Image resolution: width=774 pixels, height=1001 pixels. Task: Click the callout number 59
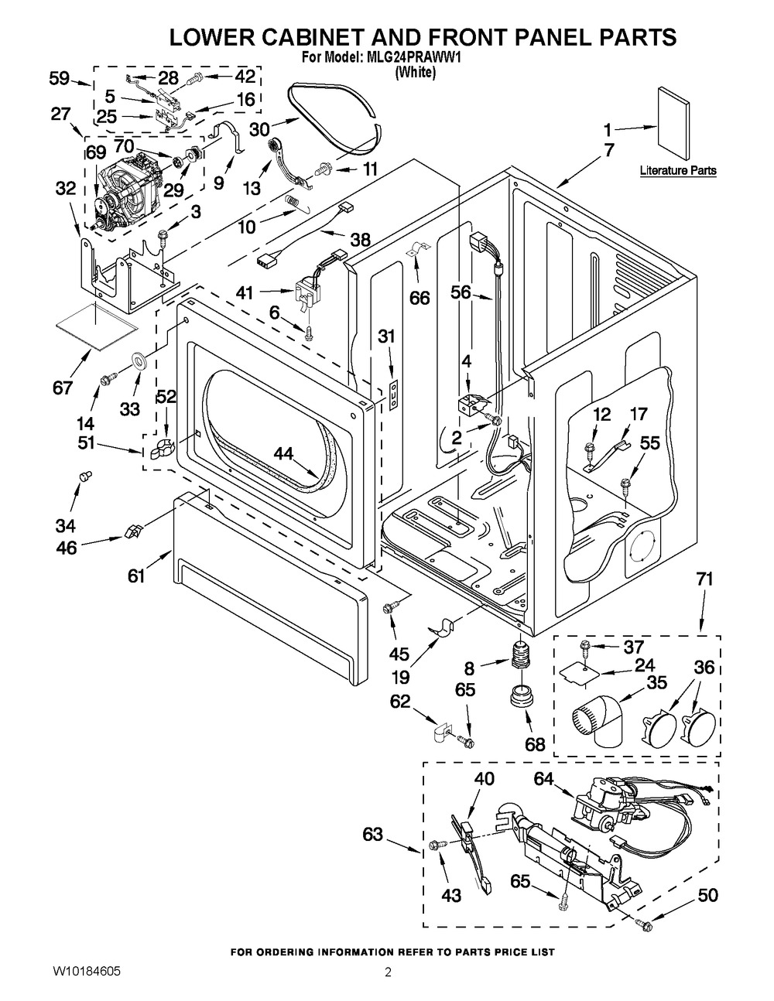pos(60,77)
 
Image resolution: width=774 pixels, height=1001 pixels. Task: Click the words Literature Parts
pos(678,170)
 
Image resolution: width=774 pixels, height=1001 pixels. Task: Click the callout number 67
pos(63,387)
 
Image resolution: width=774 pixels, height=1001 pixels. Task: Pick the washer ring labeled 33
pos(140,360)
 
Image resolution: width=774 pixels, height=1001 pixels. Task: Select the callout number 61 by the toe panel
pos(136,576)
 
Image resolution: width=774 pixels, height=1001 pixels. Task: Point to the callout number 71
pos(704,579)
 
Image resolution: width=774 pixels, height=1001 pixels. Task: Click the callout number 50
pos(707,895)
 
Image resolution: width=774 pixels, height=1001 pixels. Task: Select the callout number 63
pos(373,834)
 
